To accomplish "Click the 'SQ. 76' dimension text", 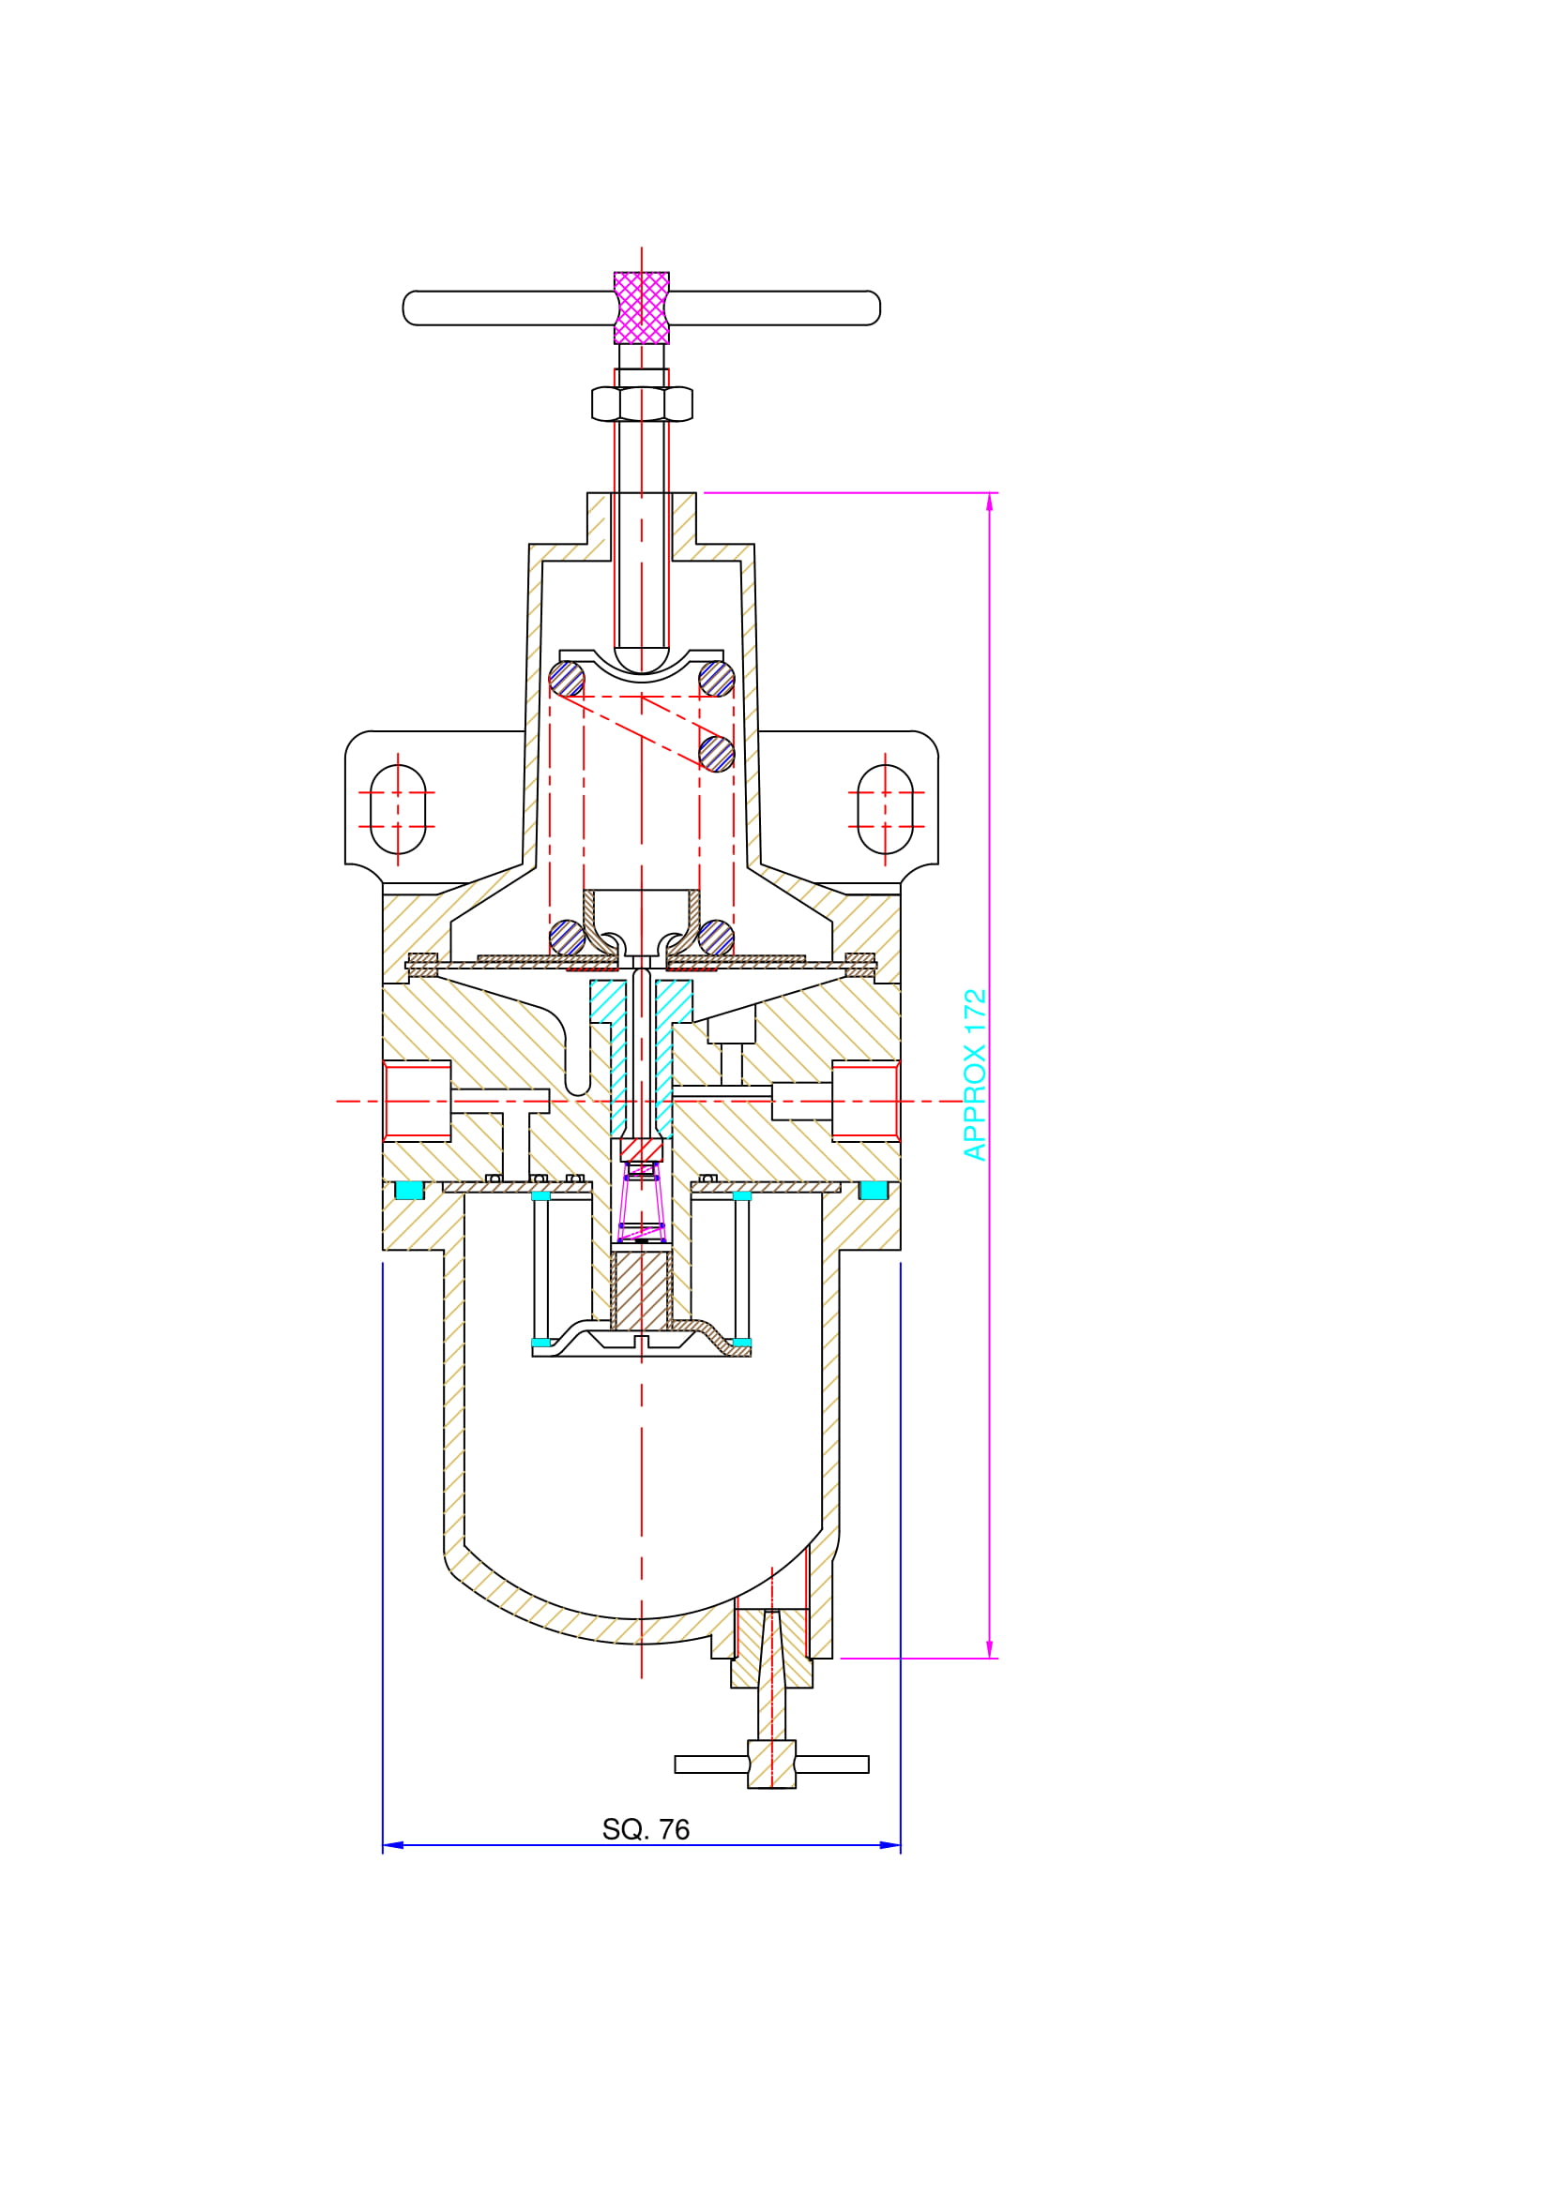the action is click(x=645, y=1829).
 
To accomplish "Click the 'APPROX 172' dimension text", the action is click(x=975, y=1074).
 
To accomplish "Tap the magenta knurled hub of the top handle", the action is click(x=641, y=308).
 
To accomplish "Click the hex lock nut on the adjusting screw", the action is click(x=641, y=404).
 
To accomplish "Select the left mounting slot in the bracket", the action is click(x=398, y=809).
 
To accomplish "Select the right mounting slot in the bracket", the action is click(x=885, y=809).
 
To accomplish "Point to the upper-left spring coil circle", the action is click(x=567, y=679).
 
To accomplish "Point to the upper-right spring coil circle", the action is click(x=717, y=679).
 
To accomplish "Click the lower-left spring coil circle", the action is click(x=567, y=937).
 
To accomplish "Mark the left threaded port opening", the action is click(x=417, y=1101).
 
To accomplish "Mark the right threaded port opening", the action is click(x=866, y=1101).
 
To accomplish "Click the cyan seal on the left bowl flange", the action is click(x=409, y=1190).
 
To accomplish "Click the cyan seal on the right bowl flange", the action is click(x=874, y=1190).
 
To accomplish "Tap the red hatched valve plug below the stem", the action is click(x=641, y=1150).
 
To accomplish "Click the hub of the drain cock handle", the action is click(x=771, y=1765).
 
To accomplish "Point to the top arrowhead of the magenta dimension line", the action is click(x=989, y=503).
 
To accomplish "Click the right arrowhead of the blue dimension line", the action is click(x=890, y=1845).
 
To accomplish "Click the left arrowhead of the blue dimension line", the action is click(x=393, y=1845).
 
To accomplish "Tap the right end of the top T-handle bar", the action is click(x=879, y=308).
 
